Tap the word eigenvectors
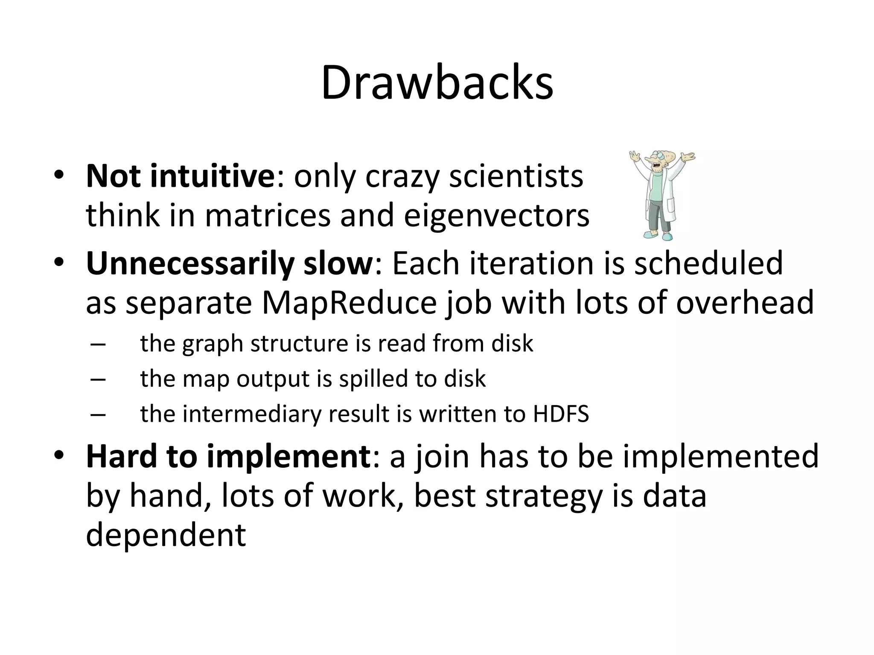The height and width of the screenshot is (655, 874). [496, 215]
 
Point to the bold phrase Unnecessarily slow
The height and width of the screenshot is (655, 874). [230, 264]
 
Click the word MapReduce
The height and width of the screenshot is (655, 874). [349, 302]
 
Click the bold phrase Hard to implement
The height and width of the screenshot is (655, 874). [229, 456]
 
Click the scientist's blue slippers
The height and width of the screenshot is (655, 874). [660, 235]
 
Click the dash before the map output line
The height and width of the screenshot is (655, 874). [98, 379]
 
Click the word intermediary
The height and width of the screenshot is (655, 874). [252, 414]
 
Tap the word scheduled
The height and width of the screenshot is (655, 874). [708, 264]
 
